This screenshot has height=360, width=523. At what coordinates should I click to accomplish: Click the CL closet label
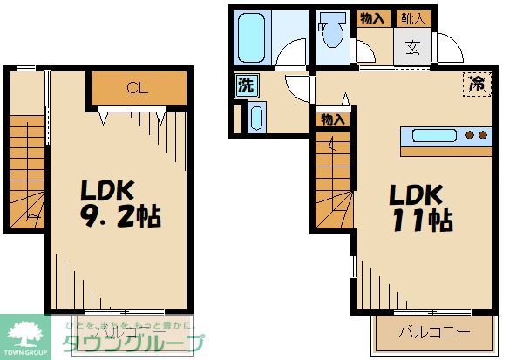(x=136, y=87)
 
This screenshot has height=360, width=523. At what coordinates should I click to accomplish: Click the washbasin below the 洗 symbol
(x=255, y=117)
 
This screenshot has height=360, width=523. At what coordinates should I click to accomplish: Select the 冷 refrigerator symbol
(x=476, y=84)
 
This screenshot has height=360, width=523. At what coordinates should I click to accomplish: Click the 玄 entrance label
(x=411, y=48)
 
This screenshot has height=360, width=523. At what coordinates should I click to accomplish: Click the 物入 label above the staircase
(x=332, y=119)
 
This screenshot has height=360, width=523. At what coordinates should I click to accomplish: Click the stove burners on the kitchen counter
(x=476, y=136)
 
